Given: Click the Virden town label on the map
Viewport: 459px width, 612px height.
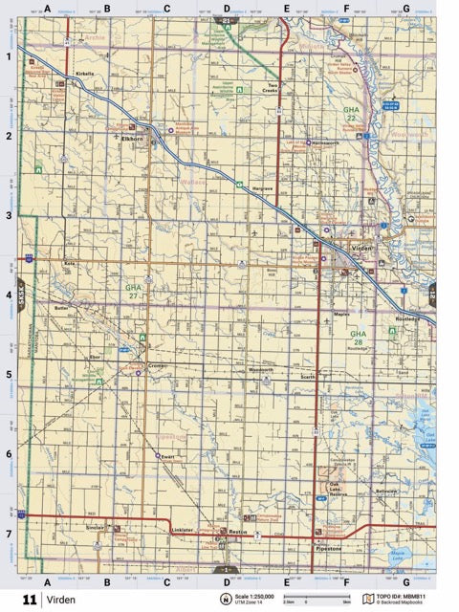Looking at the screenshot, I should tap(362, 248).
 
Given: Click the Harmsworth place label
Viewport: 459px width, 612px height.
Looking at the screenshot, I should tap(327, 143).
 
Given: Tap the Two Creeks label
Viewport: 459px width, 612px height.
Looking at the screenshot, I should tap(278, 87).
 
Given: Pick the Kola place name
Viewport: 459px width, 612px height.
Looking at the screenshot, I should tap(69, 263).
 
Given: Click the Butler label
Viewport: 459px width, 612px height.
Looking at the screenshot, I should tap(62, 309).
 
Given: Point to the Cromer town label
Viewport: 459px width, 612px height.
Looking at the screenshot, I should tap(158, 366).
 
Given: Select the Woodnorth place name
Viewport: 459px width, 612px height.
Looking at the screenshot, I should tap(260, 369).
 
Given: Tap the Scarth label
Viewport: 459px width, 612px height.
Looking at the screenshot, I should tap(307, 378).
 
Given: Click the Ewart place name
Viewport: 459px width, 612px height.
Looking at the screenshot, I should tap(168, 458).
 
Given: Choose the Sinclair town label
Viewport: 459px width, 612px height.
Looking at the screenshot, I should tap(95, 527).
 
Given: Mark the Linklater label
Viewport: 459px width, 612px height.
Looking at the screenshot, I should tap(182, 529).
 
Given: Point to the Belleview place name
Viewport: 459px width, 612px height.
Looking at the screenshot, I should tap(386, 491).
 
